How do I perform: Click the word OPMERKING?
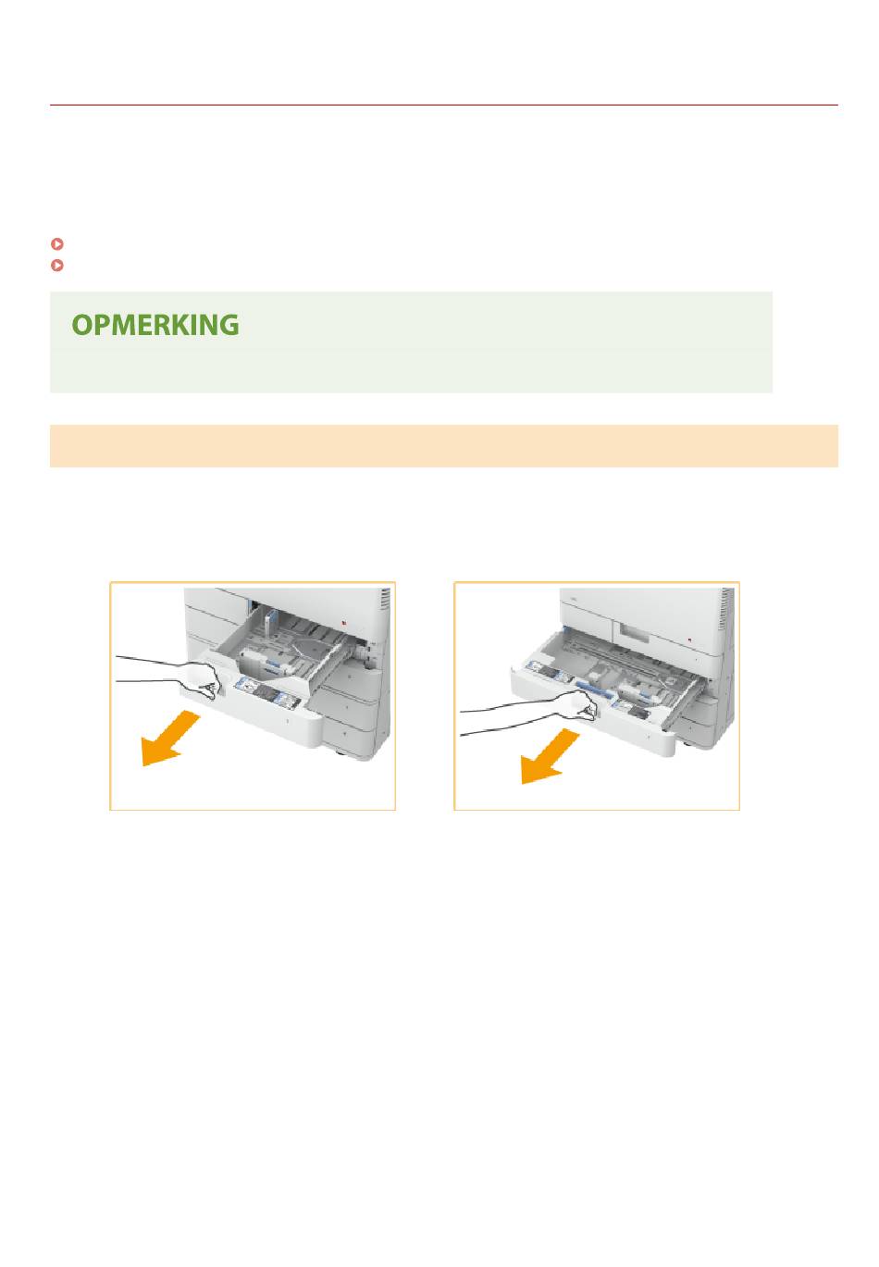tap(155, 325)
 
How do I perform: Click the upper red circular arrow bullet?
tap(57, 243)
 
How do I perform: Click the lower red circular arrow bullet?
tap(57, 265)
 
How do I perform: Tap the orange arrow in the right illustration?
tap(550, 756)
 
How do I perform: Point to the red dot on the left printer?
tap(345, 622)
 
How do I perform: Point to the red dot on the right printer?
tap(688, 640)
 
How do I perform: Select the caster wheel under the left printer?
tap(342, 753)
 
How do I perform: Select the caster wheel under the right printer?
tap(687, 743)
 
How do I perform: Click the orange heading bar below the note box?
tap(443, 446)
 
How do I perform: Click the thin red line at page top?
tap(443, 105)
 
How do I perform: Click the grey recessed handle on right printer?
tap(634, 632)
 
